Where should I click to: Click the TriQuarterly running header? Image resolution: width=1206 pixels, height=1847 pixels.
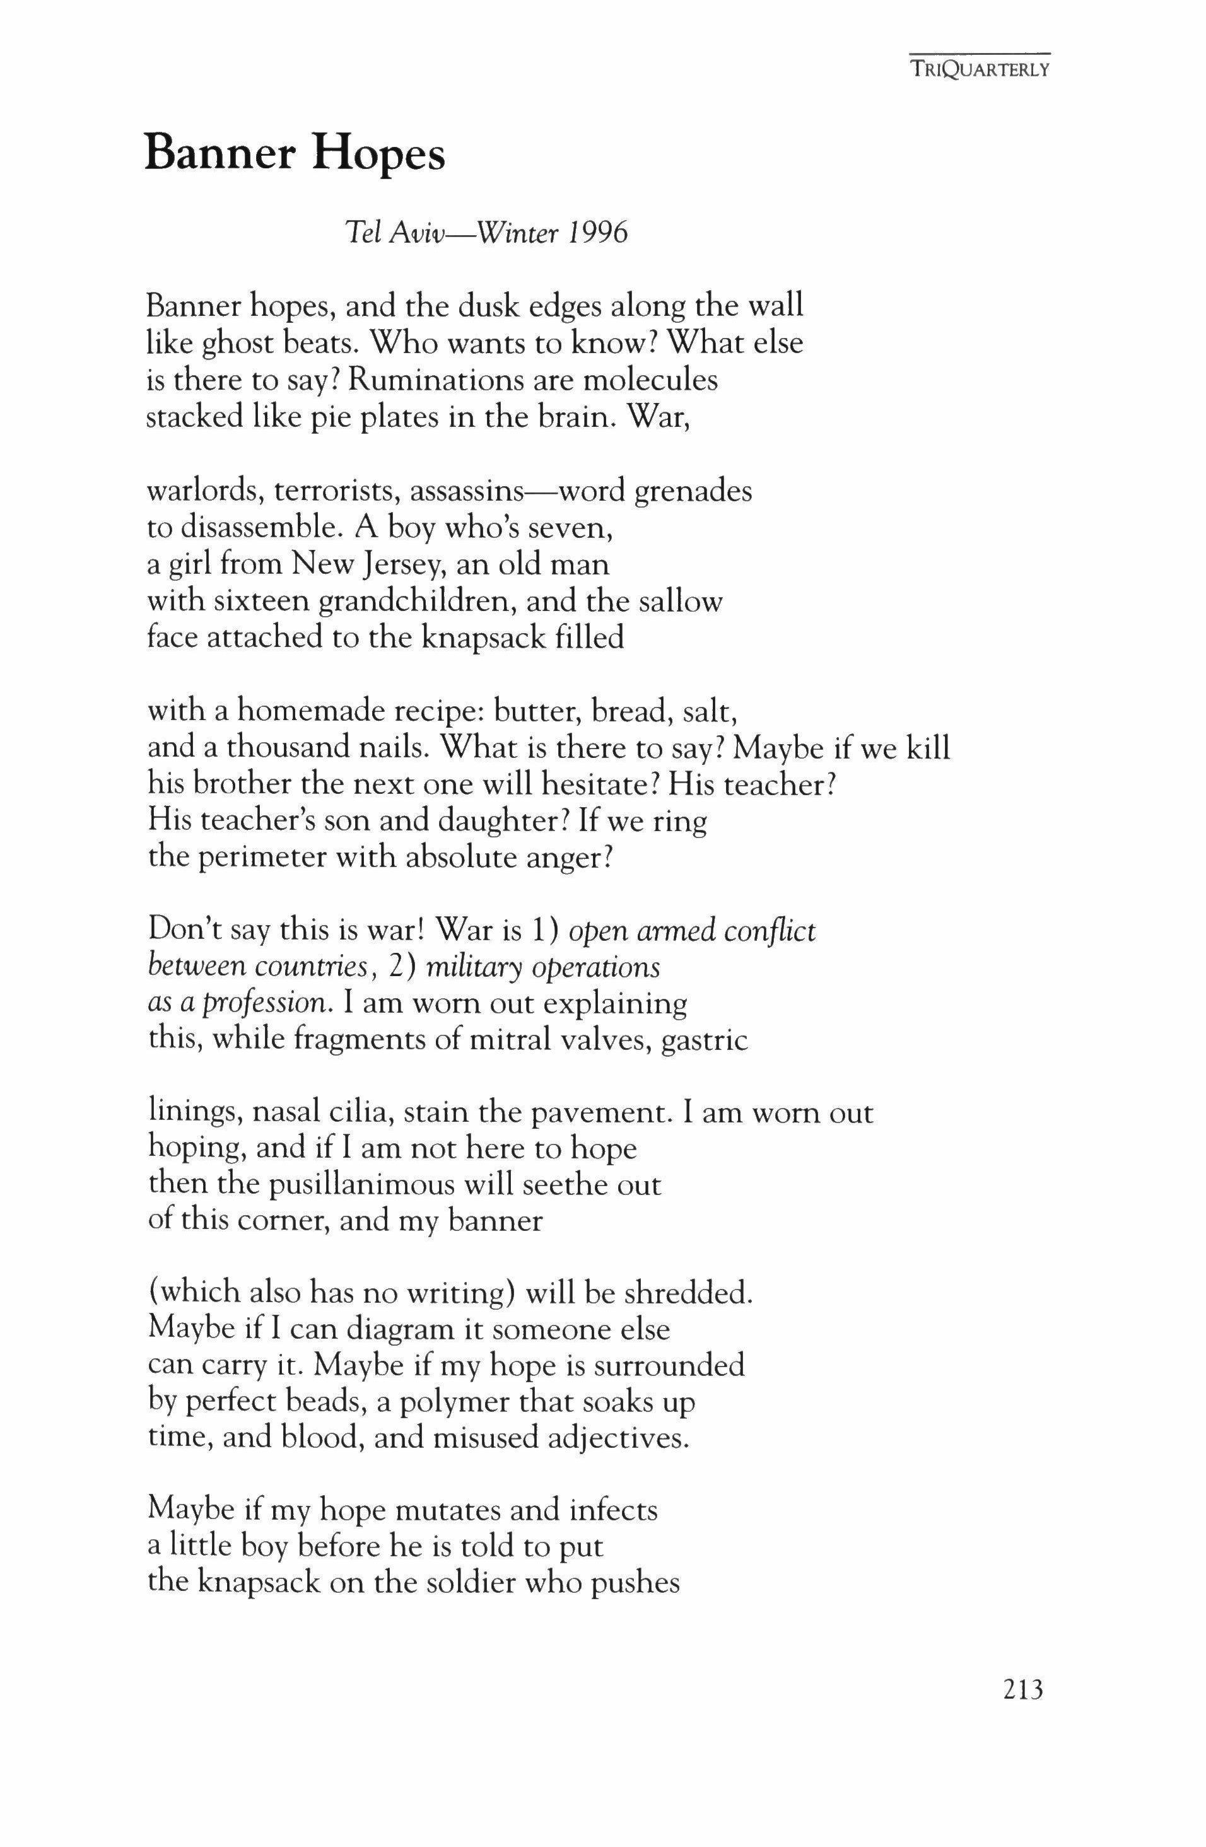pyautogui.click(x=980, y=70)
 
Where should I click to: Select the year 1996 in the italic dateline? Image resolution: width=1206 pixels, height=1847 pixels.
pyautogui.click(x=597, y=233)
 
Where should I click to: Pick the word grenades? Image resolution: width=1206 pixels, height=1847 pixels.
pyautogui.click(x=693, y=492)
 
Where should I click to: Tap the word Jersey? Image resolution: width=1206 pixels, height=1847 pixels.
pyautogui.click(x=401, y=564)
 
